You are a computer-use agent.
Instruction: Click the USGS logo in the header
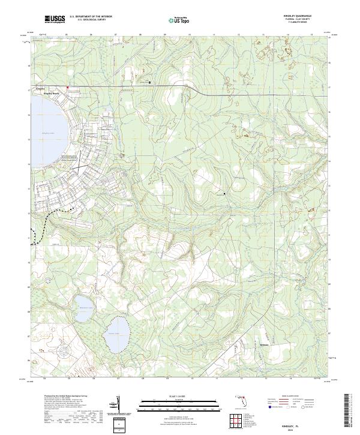[x=55, y=20]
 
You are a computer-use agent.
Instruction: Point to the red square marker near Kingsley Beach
[x=67, y=88]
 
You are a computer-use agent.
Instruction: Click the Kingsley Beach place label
[x=53, y=94]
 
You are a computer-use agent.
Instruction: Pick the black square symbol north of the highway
[x=150, y=82]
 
